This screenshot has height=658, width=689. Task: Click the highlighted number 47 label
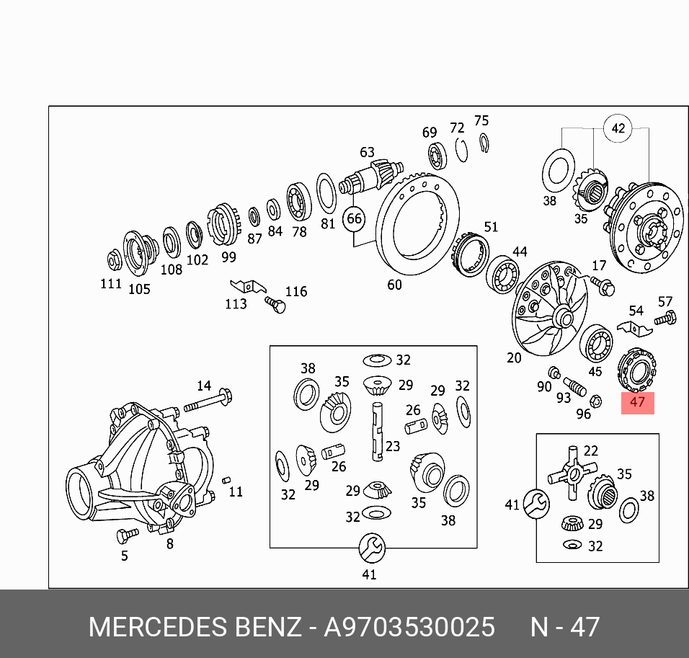coord(637,402)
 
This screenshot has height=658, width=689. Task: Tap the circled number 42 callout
coord(618,129)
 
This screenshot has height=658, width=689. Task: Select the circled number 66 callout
coord(354,218)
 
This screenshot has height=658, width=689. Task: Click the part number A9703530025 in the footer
coord(409,627)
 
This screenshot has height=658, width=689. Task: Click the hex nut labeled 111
coord(113,259)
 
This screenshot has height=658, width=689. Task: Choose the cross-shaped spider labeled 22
coord(567,472)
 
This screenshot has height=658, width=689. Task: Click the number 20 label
coord(514,358)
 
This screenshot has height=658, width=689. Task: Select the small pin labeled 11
coord(226,480)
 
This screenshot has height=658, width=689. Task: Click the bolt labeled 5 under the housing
coord(127,535)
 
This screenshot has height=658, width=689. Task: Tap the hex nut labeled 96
coord(596,401)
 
